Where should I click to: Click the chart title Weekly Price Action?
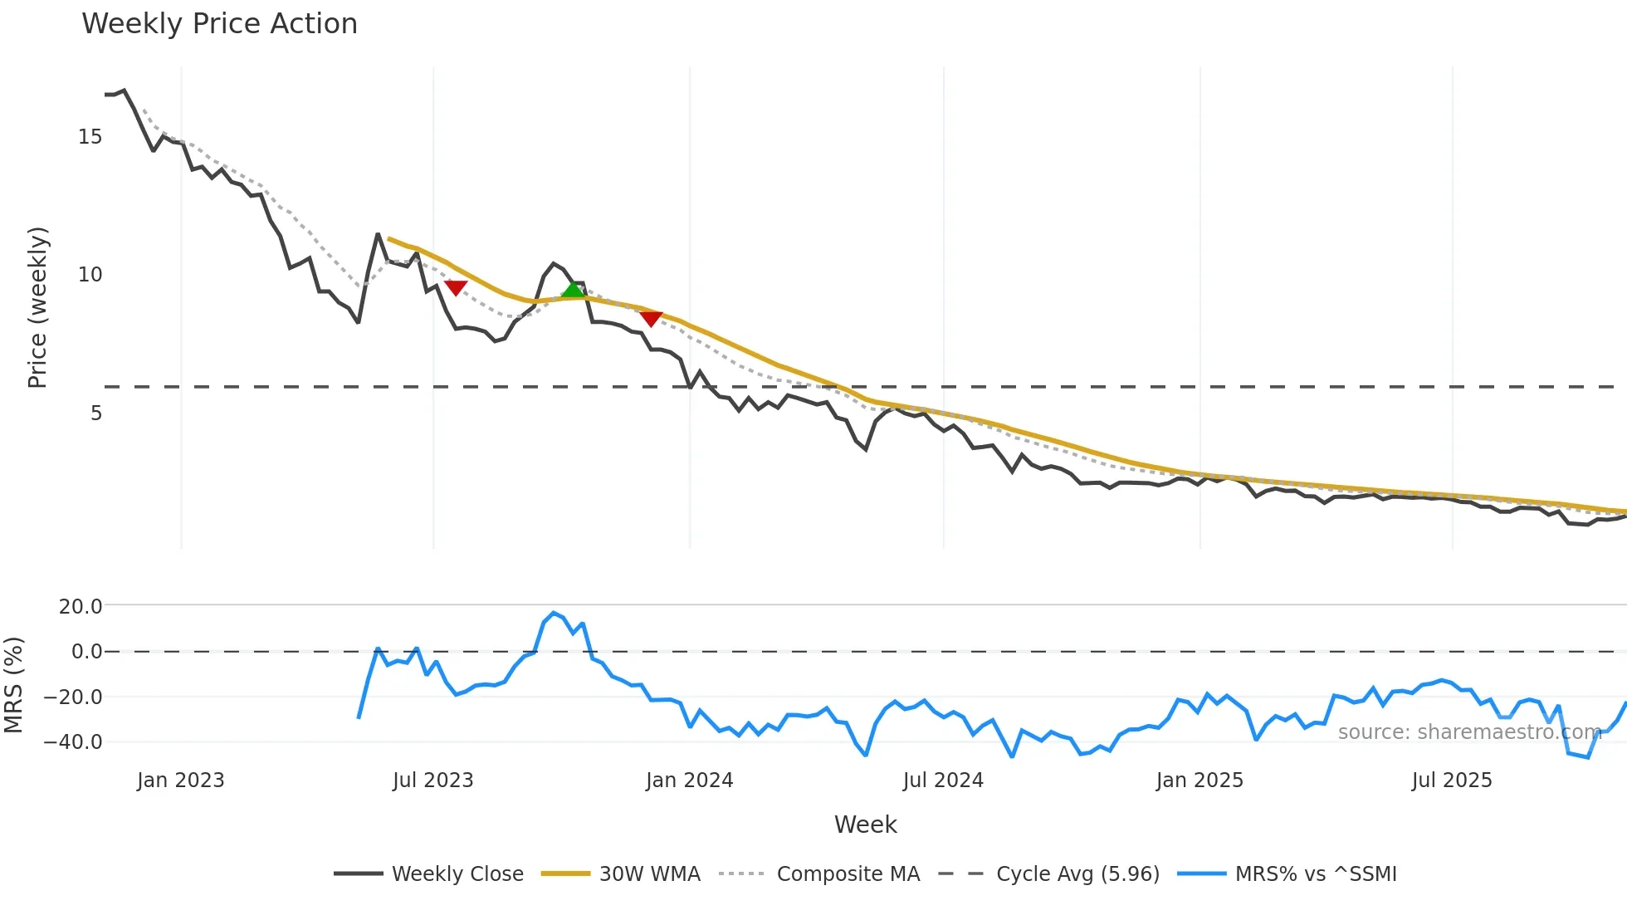pos(219,24)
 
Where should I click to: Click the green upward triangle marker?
pos(573,290)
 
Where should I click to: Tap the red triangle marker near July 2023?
pos(456,287)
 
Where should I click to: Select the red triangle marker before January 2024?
pos(651,319)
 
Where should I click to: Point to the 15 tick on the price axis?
pos(90,137)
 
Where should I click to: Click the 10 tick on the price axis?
pos(90,275)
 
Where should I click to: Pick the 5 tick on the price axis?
pos(96,413)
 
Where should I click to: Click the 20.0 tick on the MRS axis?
pos(81,606)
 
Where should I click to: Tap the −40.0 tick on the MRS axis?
pos(73,741)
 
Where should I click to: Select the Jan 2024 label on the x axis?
pos(689,780)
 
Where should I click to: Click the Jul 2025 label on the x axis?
pos(1452,780)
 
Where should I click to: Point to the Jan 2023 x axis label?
pos(180,780)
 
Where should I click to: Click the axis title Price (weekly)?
pos(37,307)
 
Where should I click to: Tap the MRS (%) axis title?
pos(13,685)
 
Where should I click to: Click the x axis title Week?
pos(865,824)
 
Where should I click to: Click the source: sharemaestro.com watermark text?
pos(1469,732)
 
